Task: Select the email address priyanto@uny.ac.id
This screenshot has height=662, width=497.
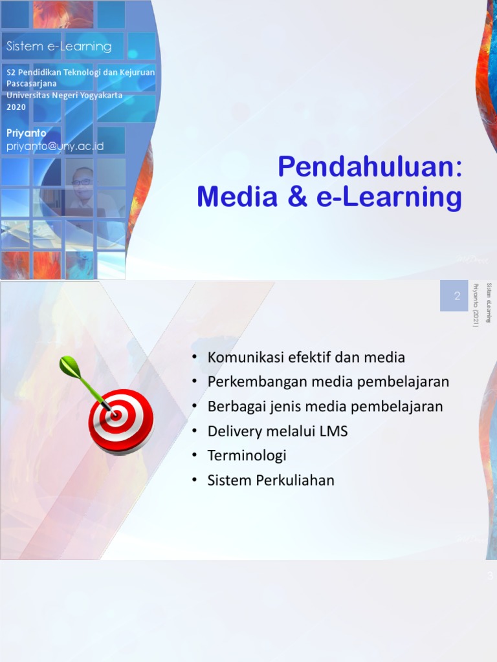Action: pyautogui.click(x=55, y=147)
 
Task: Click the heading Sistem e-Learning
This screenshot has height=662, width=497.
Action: pyautogui.click(x=59, y=47)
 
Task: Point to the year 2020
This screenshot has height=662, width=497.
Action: pyautogui.click(x=16, y=107)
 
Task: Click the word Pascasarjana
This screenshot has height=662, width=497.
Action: pyautogui.click(x=31, y=84)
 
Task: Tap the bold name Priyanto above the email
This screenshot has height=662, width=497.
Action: pyautogui.click(x=27, y=133)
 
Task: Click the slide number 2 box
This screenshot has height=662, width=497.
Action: pyautogui.click(x=456, y=296)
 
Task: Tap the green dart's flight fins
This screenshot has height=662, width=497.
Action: pyautogui.click(x=68, y=367)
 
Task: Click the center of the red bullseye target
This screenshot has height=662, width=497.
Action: pyautogui.click(x=116, y=414)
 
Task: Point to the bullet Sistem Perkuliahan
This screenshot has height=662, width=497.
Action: pyautogui.click(x=271, y=480)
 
